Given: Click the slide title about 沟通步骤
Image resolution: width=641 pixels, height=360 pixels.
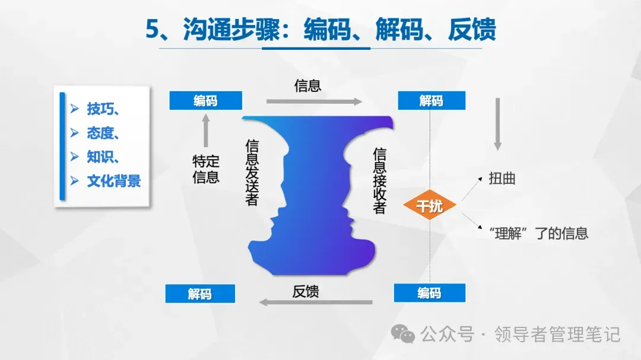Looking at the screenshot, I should click(x=321, y=29).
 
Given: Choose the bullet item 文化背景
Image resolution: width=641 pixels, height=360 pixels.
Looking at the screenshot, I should click(x=113, y=181).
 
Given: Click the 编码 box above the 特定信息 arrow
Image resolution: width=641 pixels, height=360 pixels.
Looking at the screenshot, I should click(x=205, y=101).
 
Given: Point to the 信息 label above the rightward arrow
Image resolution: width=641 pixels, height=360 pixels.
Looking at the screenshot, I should click(x=307, y=85).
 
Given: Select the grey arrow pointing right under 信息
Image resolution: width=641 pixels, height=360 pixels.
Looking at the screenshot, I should click(x=314, y=102).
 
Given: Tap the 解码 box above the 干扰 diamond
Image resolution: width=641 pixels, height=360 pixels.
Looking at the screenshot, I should click(x=431, y=101).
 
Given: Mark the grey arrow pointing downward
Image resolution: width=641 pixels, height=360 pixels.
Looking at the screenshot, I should click(x=498, y=124).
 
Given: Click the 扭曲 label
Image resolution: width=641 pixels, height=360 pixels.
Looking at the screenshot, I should click(x=502, y=179).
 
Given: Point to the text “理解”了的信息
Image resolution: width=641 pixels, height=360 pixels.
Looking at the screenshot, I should click(x=539, y=232).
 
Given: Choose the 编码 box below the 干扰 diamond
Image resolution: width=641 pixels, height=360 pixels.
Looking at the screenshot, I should click(x=429, y=293).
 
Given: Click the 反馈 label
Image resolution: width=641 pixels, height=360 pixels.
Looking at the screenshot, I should click(x=306, y=291).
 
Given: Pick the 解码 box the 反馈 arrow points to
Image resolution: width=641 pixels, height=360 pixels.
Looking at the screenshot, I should click(x=199, y=294).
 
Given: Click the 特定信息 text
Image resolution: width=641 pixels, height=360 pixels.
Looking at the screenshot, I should click(x=206, y=169).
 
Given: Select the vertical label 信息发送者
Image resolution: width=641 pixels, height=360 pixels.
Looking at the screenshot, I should click(x=252, y=173).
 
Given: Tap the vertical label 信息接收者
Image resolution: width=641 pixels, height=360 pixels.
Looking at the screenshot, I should click(x=380, y=180).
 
